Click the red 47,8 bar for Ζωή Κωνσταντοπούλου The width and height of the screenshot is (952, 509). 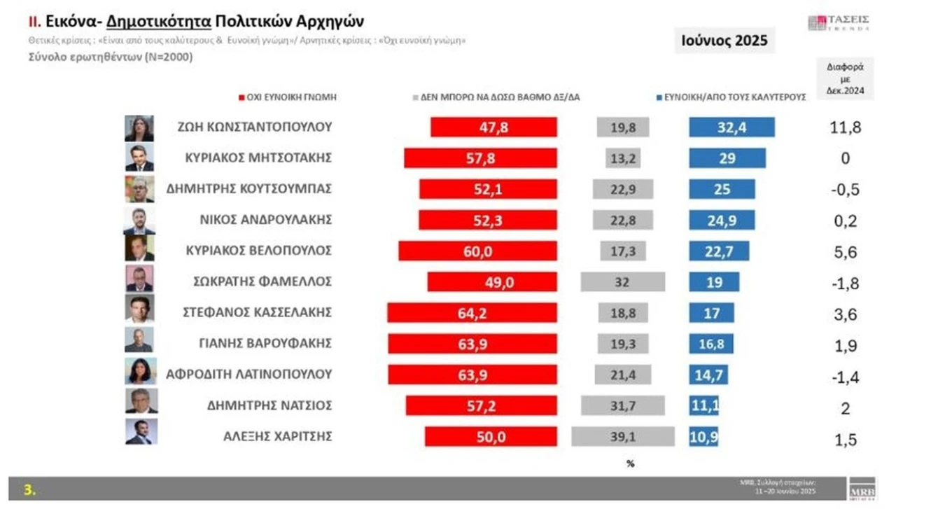(x=493, y=127)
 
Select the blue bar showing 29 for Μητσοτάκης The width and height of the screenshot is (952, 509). (x=727, y=158)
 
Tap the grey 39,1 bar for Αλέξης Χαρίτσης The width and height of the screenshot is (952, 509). (x=622, y=436)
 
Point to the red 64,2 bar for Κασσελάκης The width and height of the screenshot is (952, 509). (x=472, y=312)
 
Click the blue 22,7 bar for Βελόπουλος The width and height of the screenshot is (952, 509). (x=719, y=251)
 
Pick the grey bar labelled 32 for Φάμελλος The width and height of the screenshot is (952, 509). (x=623, y=281)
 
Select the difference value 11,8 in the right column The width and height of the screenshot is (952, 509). (x=845, y=127)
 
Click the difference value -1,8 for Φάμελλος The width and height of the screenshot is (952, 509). (x=845, y=283)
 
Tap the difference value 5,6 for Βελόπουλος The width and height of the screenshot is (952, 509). (x=845, y=251)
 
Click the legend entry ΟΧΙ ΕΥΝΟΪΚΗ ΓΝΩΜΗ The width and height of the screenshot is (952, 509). (x=287, y=97)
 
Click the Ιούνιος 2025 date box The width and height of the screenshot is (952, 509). (x=724, y=41)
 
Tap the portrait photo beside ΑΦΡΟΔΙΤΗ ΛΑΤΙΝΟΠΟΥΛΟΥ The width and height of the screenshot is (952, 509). (x=139, y=371)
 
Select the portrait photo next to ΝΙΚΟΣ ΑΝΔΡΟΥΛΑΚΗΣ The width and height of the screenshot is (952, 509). (x=139, y=221)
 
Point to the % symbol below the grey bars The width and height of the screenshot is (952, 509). (x=630, y=463)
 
